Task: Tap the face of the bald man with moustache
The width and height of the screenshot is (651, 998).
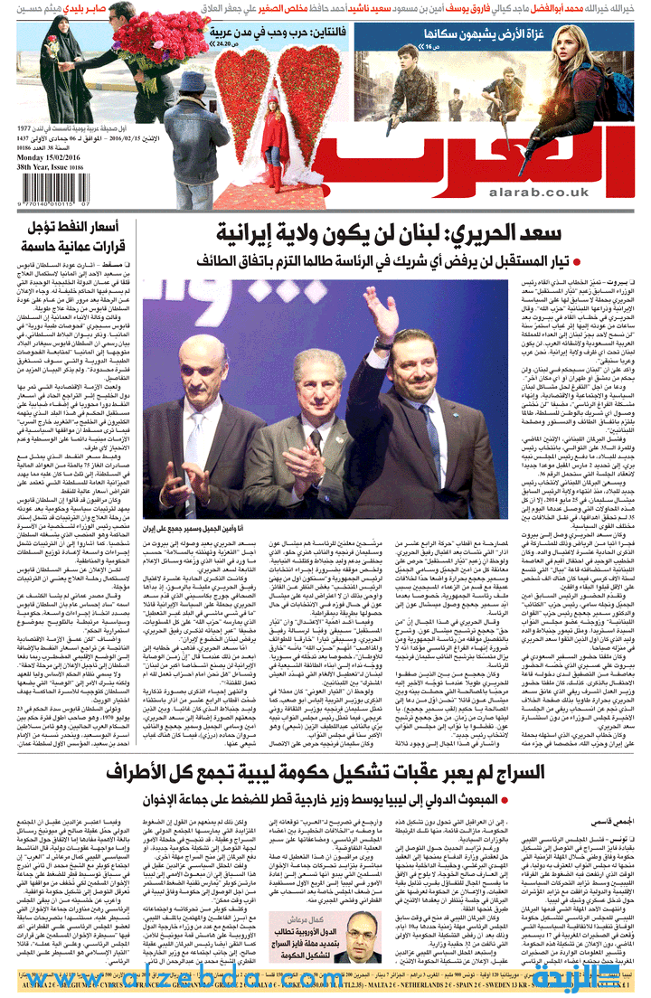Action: pos(205,371)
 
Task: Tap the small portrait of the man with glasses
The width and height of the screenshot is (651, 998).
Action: pos(363,932)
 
